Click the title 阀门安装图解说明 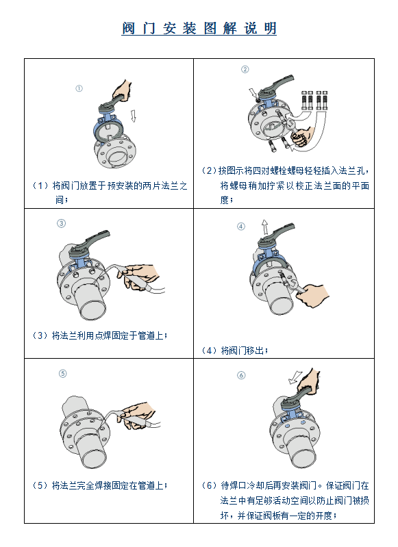tap(199, 28)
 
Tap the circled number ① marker tap(79, 88)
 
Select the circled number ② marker tap(245, 69)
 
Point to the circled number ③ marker tap(61, 223)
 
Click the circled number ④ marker tap(241, 227)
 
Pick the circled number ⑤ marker tap(62, 374)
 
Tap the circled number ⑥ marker tap(241, 375)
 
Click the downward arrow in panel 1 tap(133, 116)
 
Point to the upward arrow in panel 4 tap(265, 227)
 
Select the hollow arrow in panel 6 tap(295, 377)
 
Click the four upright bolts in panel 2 tap(314, 101)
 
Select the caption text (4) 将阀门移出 tap(235, 351)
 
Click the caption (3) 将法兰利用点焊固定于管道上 tap(100, 335)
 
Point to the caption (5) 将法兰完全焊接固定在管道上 tap(100, 485)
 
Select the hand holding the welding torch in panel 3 tap(140, 277)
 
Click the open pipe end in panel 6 tap(304, 458)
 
